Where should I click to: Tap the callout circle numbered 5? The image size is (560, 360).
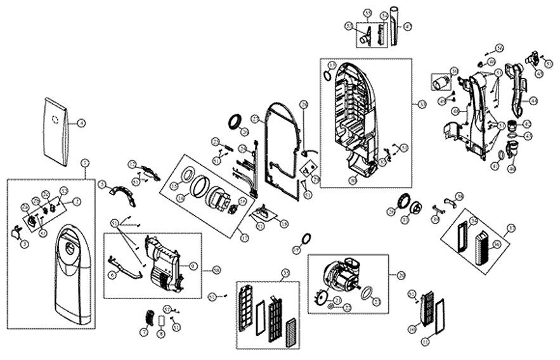(101, 184)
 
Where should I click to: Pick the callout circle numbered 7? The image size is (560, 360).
(144, 332)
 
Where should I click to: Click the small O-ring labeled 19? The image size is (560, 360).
(305, 238)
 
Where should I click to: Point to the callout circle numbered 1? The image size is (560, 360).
(86, 163)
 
